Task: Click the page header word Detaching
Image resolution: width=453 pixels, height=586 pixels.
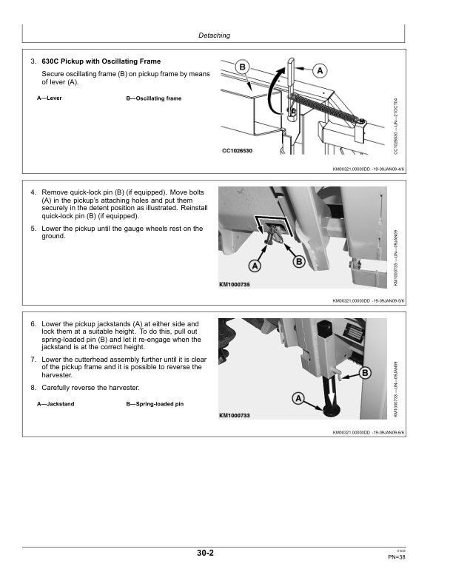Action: pyautogui.click(x=215, y=36)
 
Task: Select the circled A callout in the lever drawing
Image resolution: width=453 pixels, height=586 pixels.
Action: pyautogui.click(x=321, y=71)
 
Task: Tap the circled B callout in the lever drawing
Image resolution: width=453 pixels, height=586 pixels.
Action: pyautogui.click(x=243, y=68)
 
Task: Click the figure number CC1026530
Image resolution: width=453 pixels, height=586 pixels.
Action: pyautogui.click(x=238, y=151)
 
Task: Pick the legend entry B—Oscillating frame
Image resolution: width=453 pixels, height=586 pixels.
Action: pyautogui.click(x=154, y=98)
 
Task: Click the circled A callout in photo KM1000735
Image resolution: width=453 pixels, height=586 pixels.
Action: pyautogui.click(x=255, y=265)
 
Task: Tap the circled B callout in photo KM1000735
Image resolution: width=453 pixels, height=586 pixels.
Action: pyautogui.click(x=300, y=261)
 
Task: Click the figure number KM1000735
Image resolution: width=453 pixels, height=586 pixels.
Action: pyautogui.click(x=235, y=285)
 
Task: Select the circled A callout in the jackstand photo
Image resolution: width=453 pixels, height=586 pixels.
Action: pyautogui.click(x=299, y=399)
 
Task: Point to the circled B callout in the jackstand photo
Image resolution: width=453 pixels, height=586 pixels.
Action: pyautogui.click(x=365, y=373)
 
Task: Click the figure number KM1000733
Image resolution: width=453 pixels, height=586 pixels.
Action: pyautogui.click(x=235, y=416)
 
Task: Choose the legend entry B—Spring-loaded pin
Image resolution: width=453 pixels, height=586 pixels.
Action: pyautogui.click(x=155, y=404)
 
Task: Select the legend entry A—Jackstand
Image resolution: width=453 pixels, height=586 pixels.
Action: pyautogui.click(x=56, y=404)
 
